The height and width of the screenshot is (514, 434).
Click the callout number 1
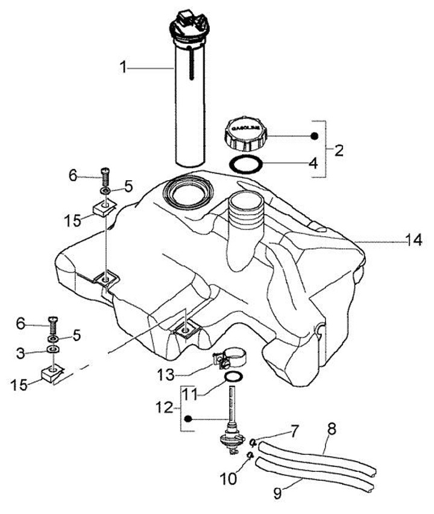coord(124,68)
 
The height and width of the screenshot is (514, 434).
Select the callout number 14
coord(414,240)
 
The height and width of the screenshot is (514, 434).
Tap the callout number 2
coord(339,150)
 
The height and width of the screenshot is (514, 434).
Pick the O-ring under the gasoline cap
coord(247,163)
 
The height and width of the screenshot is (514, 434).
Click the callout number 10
coord(229,479)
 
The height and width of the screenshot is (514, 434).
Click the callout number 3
coord(22,353)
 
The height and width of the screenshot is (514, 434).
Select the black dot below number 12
coord(189,419)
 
